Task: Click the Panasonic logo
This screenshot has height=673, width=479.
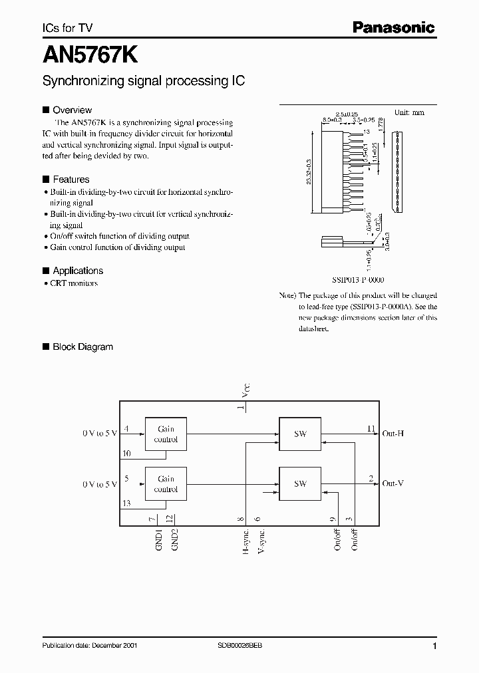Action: pyautogui.click(x=393, y=27)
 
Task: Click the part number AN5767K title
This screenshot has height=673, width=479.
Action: pyautogui.click(x=90, y=53)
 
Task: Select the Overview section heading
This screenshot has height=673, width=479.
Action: pyautogui.click(x=72, y=110)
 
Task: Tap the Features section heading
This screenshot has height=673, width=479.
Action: pyautogui.click(x=71, y=180)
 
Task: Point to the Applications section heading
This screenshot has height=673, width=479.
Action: pyautogui.click(x=78, y=271)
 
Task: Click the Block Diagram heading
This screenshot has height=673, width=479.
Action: pyautogui.click(x=82, y=346)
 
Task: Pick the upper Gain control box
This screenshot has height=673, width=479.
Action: pyautogui.click(x=166, y=434)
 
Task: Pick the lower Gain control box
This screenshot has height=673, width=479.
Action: pyautogui.click(x=166, y=483)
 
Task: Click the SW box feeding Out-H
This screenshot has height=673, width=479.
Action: pyautogui.click(x=300, y=434)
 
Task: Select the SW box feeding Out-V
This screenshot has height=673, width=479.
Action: pyautogui.click(x=300, y=483)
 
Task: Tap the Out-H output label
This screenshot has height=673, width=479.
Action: pyautogui.click(x=393, y=434)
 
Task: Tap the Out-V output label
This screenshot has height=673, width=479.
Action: pyautogui.click(x=393, y=483)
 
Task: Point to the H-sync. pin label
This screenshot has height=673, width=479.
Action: pyautogui.click(x=245, y=542)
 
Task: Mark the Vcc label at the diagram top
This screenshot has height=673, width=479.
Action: pyautogui.click(x=246, y=390)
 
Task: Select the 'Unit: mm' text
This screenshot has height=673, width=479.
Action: pyautogui.click(x=409, y=112)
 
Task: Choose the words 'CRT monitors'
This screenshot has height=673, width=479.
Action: pyautogui.click(x=74, y=283)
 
